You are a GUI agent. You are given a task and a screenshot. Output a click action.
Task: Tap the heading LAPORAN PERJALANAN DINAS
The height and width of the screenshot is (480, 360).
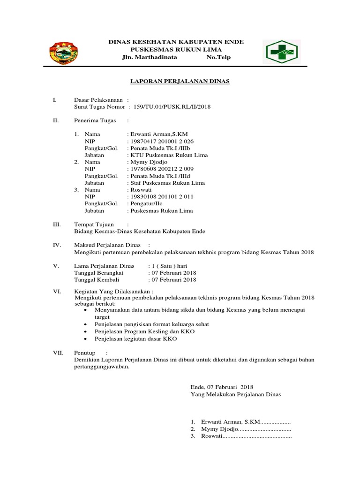(x=180, y=81)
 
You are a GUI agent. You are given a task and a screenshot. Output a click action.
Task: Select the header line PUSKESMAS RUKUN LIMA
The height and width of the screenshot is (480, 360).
(x=176, y=50)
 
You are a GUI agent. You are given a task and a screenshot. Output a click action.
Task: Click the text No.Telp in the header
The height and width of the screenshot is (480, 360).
(x=218, y=57)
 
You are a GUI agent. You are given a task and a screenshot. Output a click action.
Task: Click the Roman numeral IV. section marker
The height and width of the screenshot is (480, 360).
(x=56, y=245)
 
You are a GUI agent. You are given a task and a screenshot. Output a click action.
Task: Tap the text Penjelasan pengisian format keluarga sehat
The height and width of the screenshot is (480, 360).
(x=152, y=324)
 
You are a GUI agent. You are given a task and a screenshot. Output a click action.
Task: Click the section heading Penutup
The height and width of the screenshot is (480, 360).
(x=85, y=352)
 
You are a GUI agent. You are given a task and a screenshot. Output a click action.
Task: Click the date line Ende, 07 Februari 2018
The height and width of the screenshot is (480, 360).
(x=222, y=387)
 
